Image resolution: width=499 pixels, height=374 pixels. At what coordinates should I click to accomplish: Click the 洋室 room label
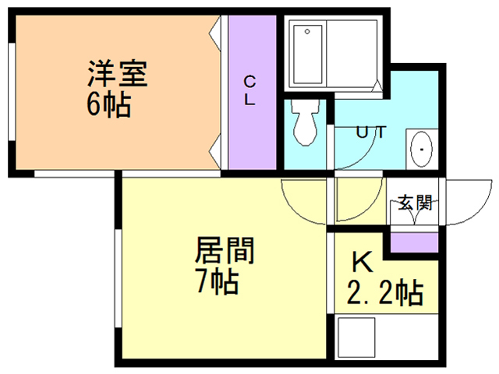tap(117, 75)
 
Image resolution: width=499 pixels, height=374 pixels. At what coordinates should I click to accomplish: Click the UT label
tap(371, 132)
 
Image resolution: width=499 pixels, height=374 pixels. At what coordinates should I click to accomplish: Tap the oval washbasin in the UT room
tap(422, 147)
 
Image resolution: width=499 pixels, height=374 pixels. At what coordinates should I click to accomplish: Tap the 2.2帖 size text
tap(385, 294)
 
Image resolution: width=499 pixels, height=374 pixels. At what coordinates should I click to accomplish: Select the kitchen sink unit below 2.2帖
tap(382, 337)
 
